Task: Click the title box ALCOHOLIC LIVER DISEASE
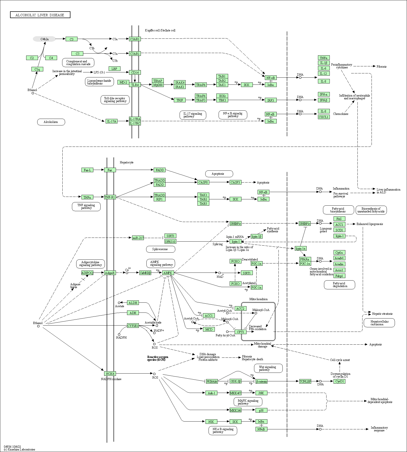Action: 40,15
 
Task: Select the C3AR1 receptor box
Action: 135,39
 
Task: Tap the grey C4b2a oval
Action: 44,39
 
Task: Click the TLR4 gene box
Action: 135,85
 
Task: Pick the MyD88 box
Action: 158,85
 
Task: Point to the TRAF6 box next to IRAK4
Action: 201,85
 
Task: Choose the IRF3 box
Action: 271,100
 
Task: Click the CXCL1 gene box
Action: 323,117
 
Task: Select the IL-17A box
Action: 112,121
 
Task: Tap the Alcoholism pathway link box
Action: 51,122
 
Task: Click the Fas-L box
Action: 87,170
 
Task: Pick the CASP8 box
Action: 203,182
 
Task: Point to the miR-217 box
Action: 138,238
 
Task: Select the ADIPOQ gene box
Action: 87,273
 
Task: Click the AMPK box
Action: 168,273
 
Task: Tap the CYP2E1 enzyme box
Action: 133,326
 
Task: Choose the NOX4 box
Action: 110,374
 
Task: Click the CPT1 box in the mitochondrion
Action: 240,332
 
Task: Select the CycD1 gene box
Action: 339,381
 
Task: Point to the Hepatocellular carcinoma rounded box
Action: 379,323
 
